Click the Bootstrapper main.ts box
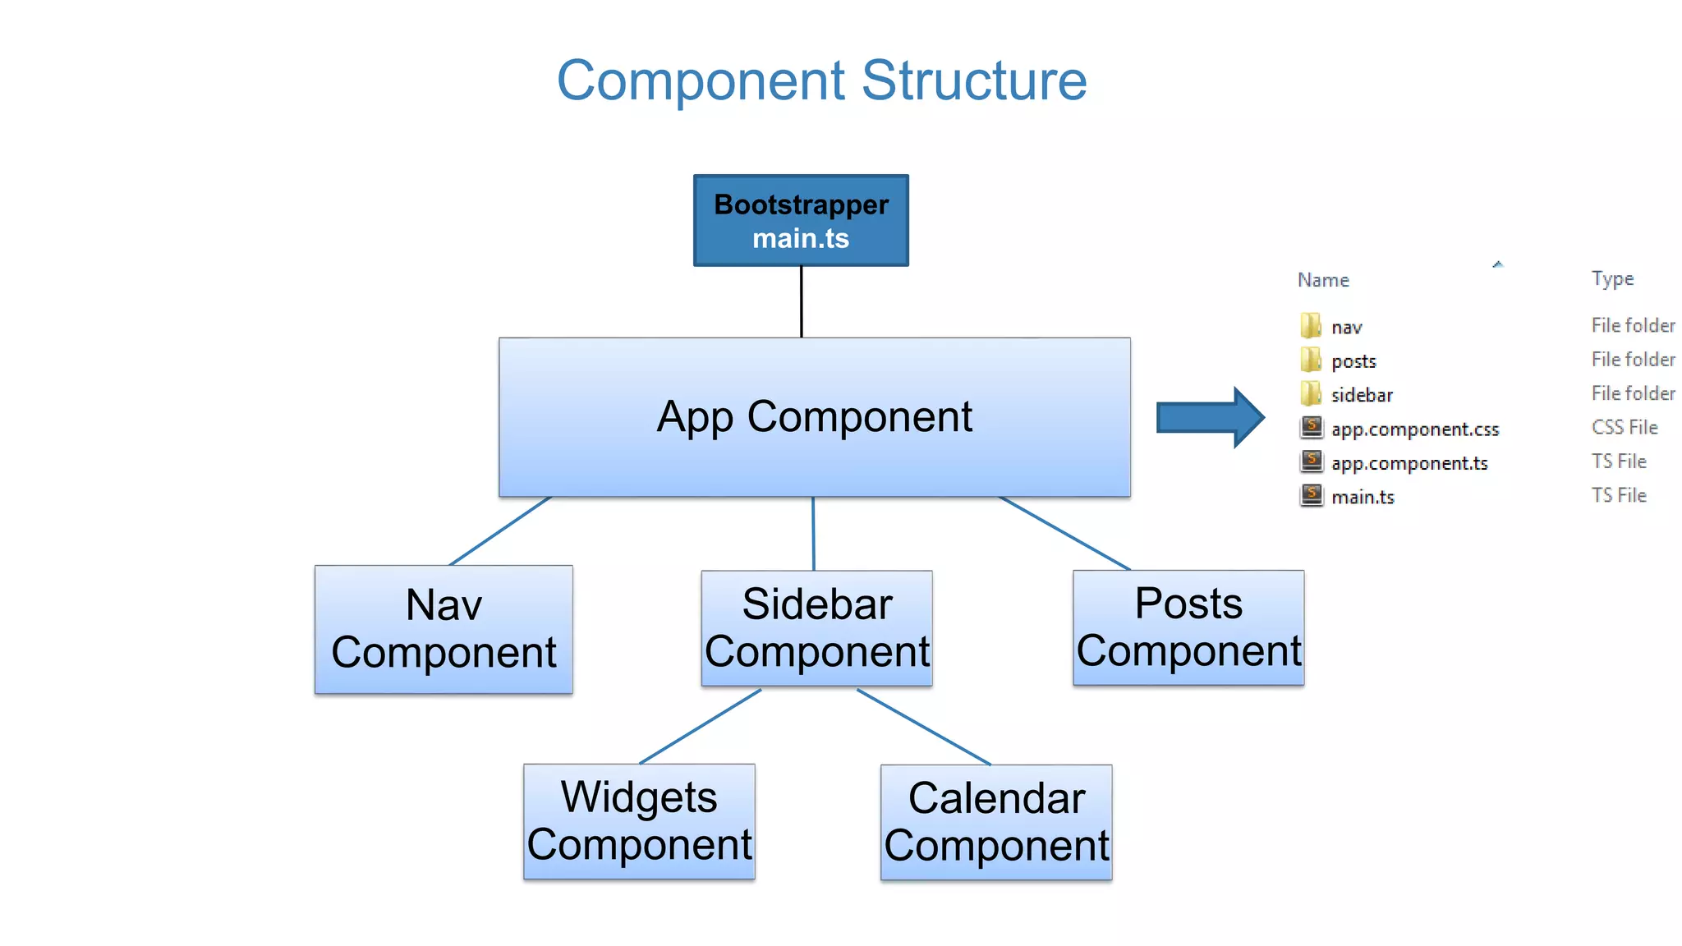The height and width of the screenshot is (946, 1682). click(801, 220)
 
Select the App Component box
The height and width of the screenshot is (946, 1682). click(814, 416)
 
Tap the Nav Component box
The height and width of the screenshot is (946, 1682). click(443, 629)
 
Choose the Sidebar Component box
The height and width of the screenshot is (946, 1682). click(816, 628)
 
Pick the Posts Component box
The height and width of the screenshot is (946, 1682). click(1188, 627)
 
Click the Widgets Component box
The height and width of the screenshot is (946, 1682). click(639, 821)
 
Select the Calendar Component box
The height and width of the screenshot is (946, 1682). click(995, 822)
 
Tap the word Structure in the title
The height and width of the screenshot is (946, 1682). click(974, 80)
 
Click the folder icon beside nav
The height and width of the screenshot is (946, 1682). click(1311, 326)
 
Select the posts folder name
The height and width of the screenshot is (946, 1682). click(1353, 361)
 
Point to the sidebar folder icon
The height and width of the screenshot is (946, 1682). click(1311, 394)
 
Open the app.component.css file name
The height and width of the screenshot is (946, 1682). click(1414, 429)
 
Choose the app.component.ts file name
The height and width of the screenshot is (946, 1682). click(1409, 463)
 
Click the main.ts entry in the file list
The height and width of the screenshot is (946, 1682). click(1363, 497)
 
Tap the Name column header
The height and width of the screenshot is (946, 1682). click(1323, 280)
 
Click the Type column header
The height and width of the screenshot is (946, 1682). click(1612, 279)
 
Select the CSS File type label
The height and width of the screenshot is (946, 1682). click(1624, 428)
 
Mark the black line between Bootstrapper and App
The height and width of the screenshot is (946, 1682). click(801, 301)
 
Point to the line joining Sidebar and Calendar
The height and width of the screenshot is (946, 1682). click(924, 727)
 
